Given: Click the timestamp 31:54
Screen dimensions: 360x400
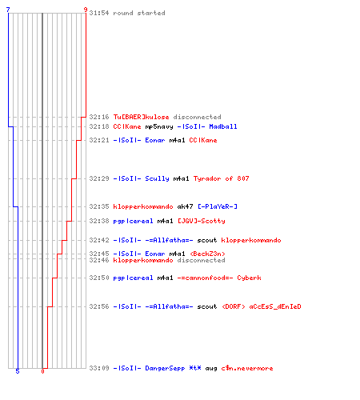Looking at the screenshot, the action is point(99,13).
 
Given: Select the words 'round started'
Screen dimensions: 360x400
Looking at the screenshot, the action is point(139,13).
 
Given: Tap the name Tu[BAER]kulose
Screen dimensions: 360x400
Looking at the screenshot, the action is point(141,117).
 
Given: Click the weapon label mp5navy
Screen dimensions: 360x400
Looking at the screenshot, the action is point(159,126).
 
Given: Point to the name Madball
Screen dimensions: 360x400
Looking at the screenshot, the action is point(223,126).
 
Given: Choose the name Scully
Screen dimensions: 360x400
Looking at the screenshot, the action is point(157,178).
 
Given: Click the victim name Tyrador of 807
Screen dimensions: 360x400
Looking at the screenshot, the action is point(221,178).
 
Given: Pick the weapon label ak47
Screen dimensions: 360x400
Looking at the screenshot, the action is point(185,206).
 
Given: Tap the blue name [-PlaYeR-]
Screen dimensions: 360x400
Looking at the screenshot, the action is point(218,206).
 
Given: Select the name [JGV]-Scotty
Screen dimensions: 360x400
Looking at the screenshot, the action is point(202,221).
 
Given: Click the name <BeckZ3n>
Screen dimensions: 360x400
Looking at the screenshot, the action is point(207,254).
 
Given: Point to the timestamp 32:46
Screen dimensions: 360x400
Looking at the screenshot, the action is point(99,260).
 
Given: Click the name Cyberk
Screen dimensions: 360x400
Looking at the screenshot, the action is point(249,278).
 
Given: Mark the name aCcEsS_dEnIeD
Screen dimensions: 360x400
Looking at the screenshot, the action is point(275,306).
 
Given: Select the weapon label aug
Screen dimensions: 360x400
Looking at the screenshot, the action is point(211,369).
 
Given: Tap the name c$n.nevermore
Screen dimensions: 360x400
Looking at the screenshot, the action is point(247,368).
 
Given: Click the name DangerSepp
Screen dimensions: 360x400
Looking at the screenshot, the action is point(165,368).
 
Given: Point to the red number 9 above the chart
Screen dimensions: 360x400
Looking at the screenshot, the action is point(86,10).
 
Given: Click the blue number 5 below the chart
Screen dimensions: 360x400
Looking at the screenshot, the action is point(18,371).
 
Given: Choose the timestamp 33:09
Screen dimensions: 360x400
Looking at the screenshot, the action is point(99,368).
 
